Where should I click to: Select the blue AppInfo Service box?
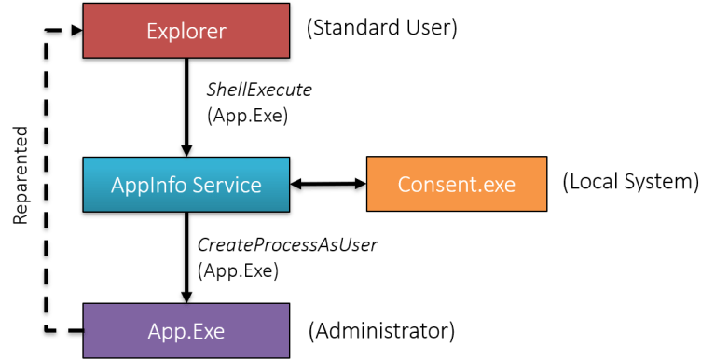click(x=186, y=185)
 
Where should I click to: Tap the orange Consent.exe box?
click(x=456, y=185)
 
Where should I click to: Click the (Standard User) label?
click(x=382, y=29)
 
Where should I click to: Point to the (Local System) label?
click(x=630, y=181)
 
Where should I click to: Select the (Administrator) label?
click(x=381, y=329)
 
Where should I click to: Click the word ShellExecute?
click(x=258, y=90)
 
